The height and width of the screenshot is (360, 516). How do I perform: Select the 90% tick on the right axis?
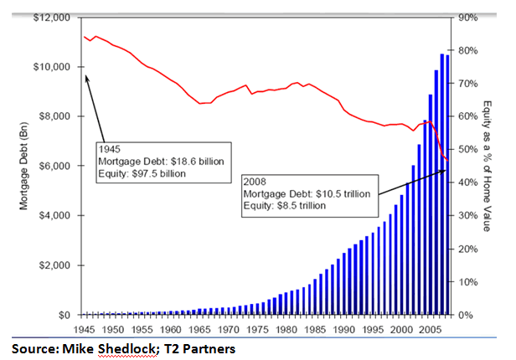[467, 17]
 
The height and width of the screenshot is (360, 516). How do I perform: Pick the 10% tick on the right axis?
[467, 282]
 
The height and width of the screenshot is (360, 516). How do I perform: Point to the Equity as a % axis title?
[488, 165]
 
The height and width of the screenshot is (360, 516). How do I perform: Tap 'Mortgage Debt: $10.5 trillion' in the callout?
[307, 193]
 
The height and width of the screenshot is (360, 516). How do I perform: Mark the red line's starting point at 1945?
[85, 37]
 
